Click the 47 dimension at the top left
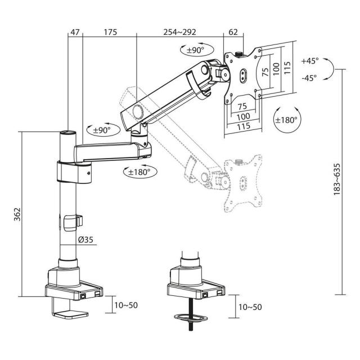pyautogui.click(x=74, y=33)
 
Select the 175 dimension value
pyautogui.click(x=110, y=33)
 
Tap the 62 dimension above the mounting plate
pyautogui.click(x=233, y=33)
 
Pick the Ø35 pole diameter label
pyautogui.click(x=85, y=240)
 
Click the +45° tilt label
pyautogui.click(x=309, y=60)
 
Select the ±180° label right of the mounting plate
pyautogui.click(x=287, y=119)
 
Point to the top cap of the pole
pyautogui.click(x=67, y=133)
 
